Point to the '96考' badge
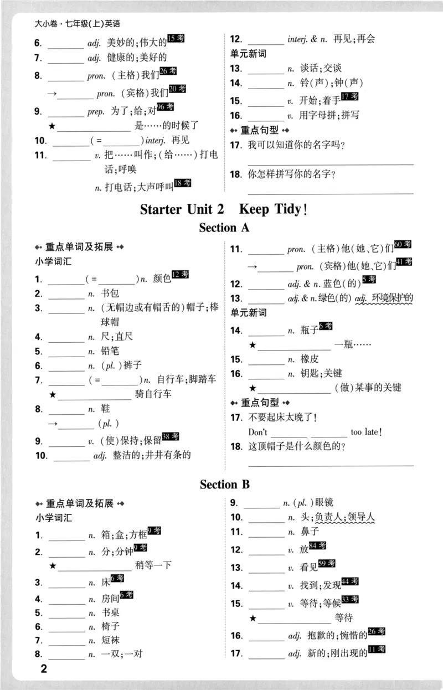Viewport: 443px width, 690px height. tap(165, 107)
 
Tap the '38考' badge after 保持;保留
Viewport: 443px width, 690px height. tap(171, 437)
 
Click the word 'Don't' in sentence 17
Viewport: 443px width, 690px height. tap(257, 432)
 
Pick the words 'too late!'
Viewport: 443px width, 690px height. tap(366, 432)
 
